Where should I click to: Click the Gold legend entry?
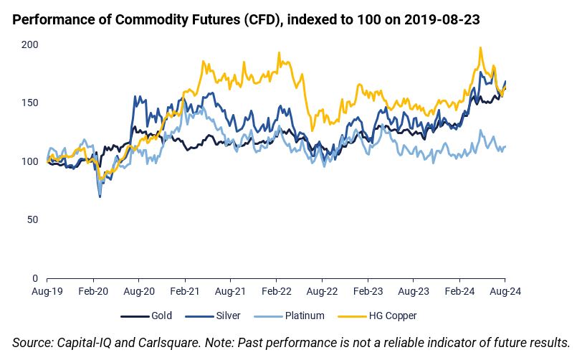pyautogui.click(x=161, y=316)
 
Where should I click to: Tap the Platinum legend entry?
pyautogui.click(x=304, y=316)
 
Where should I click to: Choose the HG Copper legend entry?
pyautogui.click(x=392, y=316)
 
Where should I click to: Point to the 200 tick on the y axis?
pyautogui.click(x=31, y=44)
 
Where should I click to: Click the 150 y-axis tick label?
pyautogui.click(x=31, y=103)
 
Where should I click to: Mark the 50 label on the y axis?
pyautogui.click(x=33, y=219)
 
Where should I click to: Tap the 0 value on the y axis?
pyautogui.click(x=36, y=278)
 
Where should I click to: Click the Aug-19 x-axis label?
pyautogui.click(x=47, y=292)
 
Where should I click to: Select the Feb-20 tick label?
pyautogui.click(x=93, y=292)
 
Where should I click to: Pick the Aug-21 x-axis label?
pyautogui.click(x=231, y=292)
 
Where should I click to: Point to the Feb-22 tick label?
pyautogui.click(x=277, y=292)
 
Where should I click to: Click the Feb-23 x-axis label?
pyautogui.click(x=368, y=292)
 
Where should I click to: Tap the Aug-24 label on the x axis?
pyautogui.click(x=505, y=292)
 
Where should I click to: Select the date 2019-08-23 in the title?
pyautogui.click(x=442, y=20)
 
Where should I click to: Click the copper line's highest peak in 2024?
pyautogui.click(x=480, y=48)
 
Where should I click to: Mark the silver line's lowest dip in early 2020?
pyautogui.click(x=100, y=196)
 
